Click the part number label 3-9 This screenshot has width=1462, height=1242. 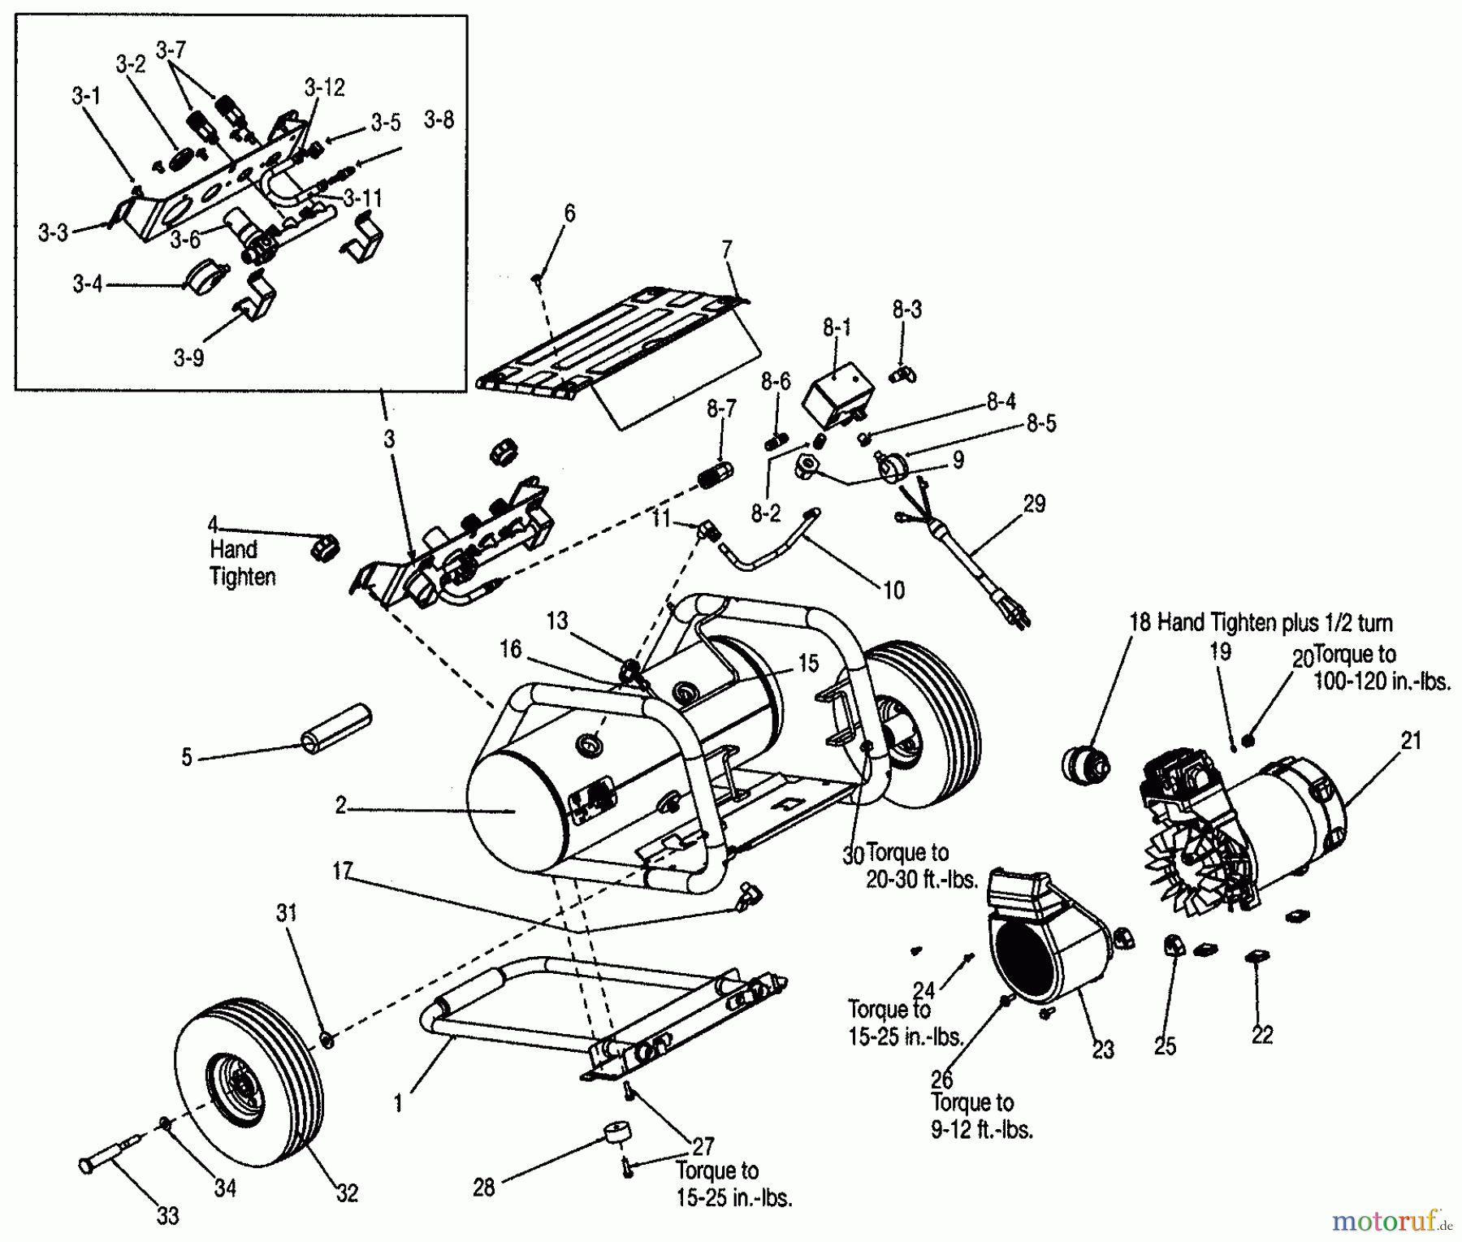(188, 357)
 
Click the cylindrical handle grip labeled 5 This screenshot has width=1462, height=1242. (335, 728)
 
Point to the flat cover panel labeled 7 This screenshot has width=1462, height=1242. (617, 341)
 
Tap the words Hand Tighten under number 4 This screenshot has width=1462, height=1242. (242, 563)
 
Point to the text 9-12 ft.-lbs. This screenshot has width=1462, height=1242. (981, 1129)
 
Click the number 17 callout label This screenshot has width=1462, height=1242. (342, 871)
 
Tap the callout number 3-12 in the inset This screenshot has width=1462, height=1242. (325, 87)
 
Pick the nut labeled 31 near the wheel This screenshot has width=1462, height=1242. (327, 1040)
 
